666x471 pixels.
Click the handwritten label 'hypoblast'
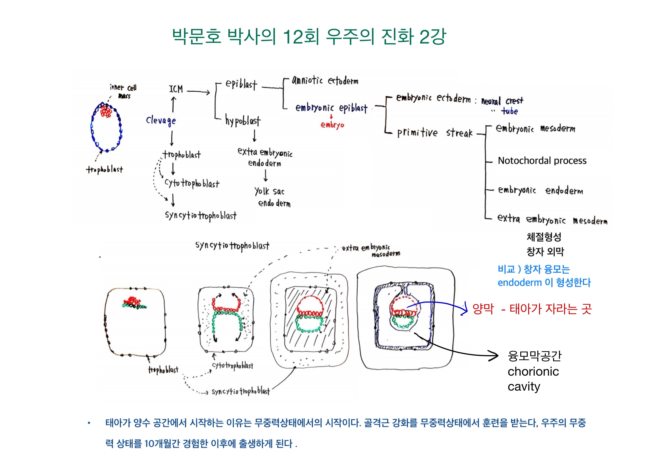[x=243, y=121]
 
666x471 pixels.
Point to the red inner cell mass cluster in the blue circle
[x=106, y=112]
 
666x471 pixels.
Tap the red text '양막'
[x=483, y=309]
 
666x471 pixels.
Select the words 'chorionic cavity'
[x=533, y=379]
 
